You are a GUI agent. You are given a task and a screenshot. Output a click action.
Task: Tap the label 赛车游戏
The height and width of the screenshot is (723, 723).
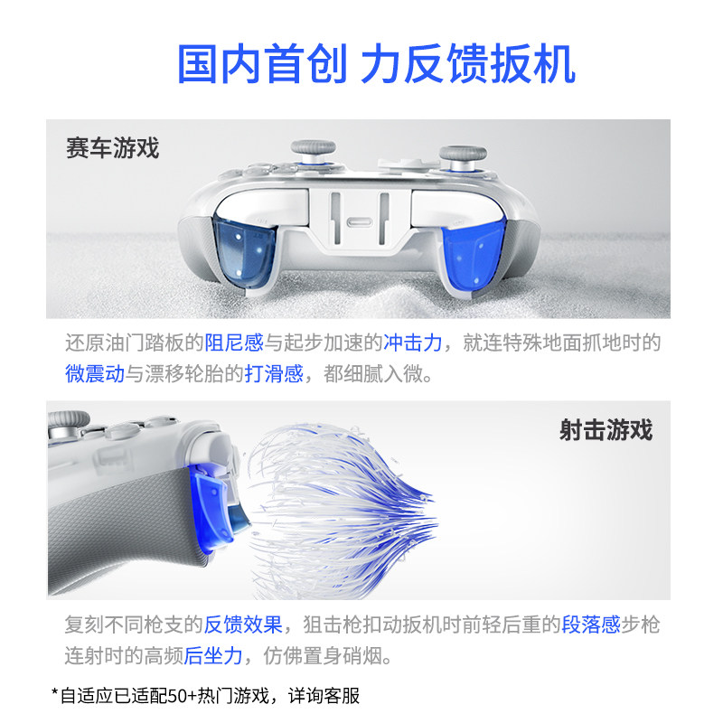coord(112,147)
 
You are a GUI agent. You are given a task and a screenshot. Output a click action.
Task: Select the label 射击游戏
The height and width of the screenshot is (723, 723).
coord(605,429)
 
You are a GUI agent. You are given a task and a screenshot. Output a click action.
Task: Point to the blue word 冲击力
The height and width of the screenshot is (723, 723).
coord(413,343)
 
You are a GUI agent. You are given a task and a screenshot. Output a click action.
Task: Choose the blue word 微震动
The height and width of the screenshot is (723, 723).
coord(94,373)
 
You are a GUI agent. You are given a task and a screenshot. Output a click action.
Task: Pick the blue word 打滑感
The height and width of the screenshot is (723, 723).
coord(274,373)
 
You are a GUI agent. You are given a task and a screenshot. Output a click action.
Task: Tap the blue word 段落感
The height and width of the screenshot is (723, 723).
coord(590,624)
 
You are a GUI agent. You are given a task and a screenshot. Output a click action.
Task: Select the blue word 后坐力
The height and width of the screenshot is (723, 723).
coord(213,655)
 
